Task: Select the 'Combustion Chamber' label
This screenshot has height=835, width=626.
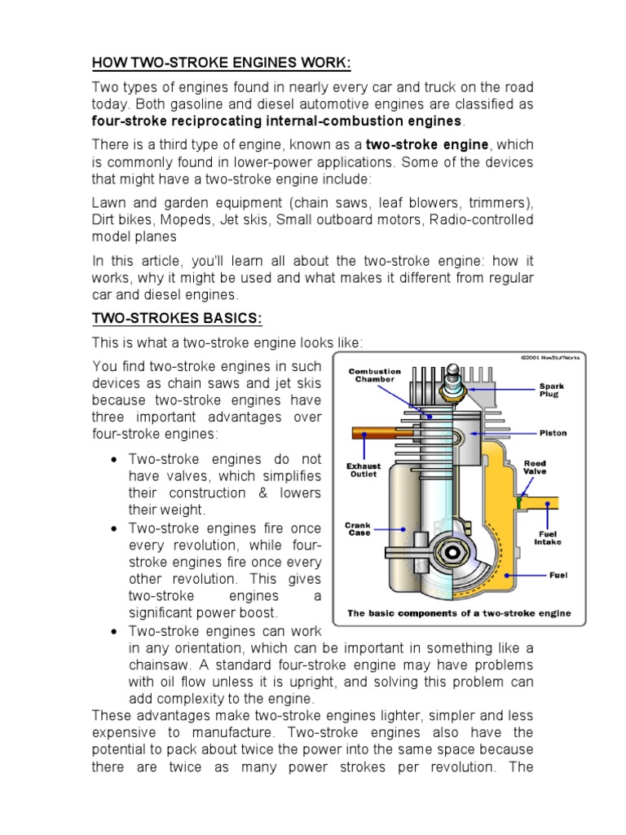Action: click(x=375, y=375)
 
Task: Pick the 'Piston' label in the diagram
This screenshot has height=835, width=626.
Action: click(x=553, y=433)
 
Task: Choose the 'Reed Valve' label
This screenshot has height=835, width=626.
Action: click(x=535, y=468)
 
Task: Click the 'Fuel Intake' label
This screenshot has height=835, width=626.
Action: click(x=547, y=537)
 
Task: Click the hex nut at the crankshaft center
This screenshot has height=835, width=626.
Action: click(x=451, y=552)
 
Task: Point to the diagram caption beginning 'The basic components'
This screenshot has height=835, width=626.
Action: click(x=459, y=613)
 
